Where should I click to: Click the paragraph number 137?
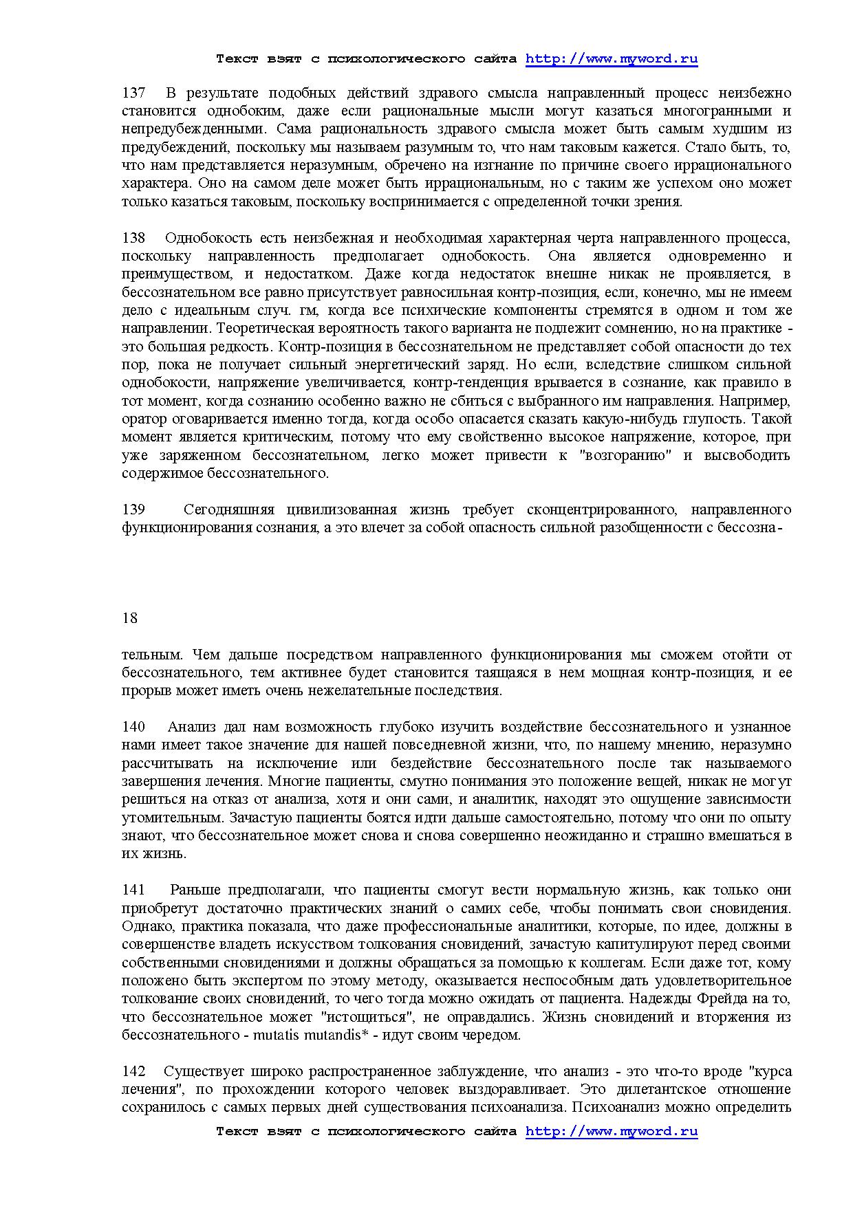[x=133, y=93]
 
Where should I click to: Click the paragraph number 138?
[x=133, y=238]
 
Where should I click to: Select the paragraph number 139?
[x=133, y=509]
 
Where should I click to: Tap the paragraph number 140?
[x=133, y=727]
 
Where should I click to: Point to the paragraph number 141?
[x=133, y=890]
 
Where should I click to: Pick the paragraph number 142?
[x=133, y=1071]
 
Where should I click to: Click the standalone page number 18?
[x=129, y=618]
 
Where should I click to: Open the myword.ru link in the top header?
[x=612, y=59]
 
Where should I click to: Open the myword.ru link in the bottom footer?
[x=612, y=1131]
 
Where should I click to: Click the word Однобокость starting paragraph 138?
[x=210, y=238]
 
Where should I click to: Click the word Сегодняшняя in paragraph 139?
[x=229, y=509]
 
